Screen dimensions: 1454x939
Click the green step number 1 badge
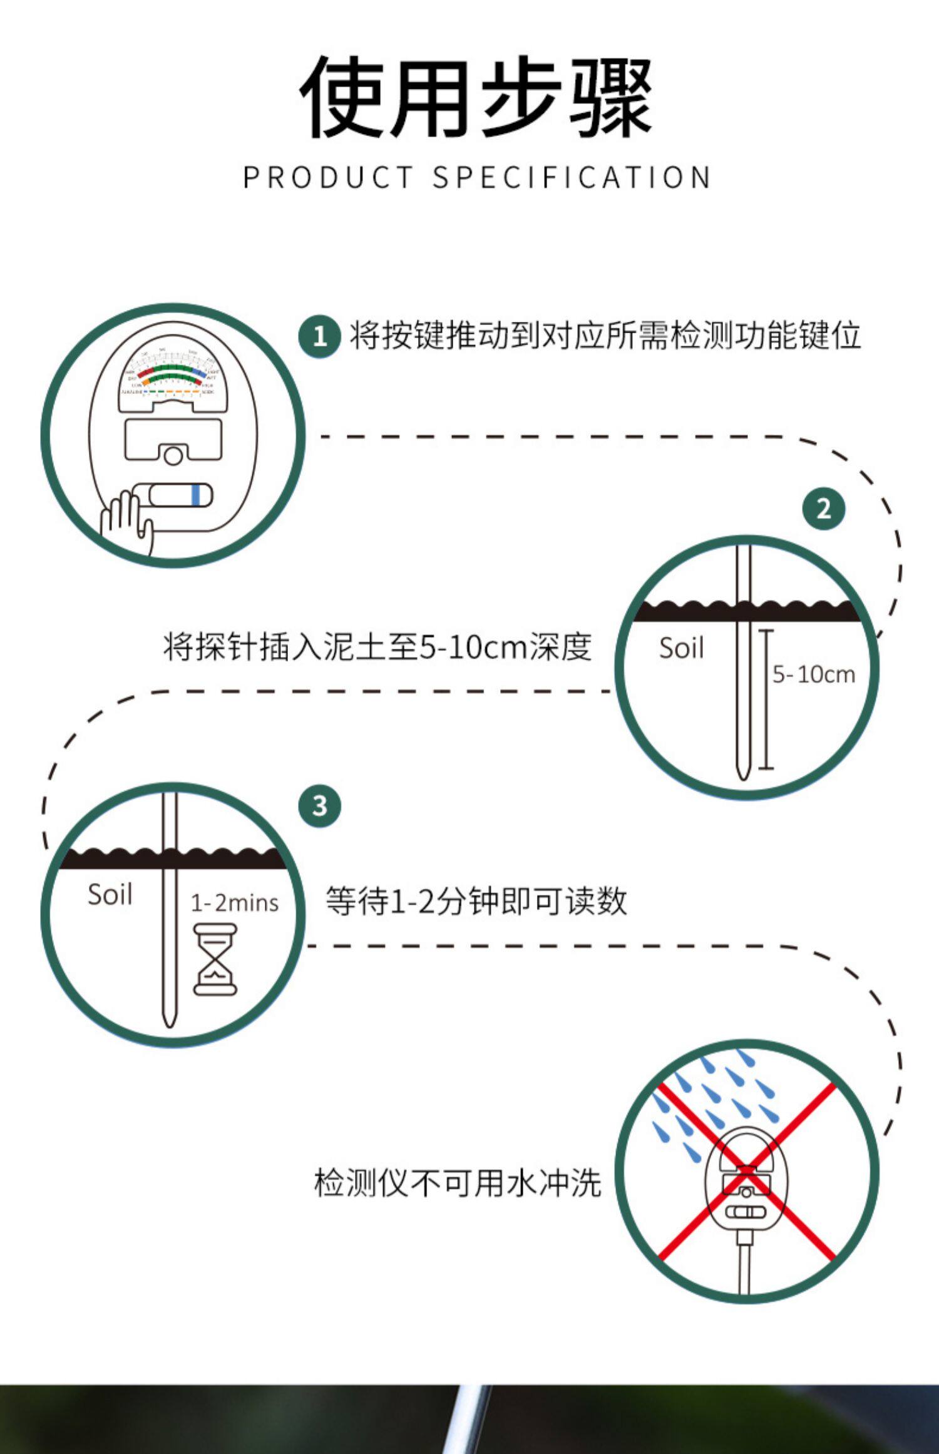click(x=319, y=336)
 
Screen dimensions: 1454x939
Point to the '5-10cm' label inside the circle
click(x=813, y=674)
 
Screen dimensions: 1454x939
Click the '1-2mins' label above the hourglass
click(x=234, y=903)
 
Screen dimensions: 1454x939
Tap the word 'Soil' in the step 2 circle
click(x=681, y=648)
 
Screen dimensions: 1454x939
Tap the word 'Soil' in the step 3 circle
click(x=110, y=894)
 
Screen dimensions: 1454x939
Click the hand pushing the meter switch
click(x=127, y=521)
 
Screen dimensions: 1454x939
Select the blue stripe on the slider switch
click(x=196, y=495)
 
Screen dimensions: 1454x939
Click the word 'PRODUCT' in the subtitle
click(x=327, y=177)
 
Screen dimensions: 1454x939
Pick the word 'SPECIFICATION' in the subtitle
click(x=572, y=177)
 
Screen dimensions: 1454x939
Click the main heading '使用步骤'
click(x=476, y=97)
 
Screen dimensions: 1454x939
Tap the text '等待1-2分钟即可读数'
click(x=476, y=902)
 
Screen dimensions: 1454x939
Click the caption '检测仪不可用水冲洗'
click(x=458, y=1183)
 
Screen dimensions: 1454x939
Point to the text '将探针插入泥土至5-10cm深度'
click(x=377, y=647)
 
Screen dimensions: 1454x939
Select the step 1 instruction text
click(x=605, y=336)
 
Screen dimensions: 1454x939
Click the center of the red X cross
click(x=746, y=1172)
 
